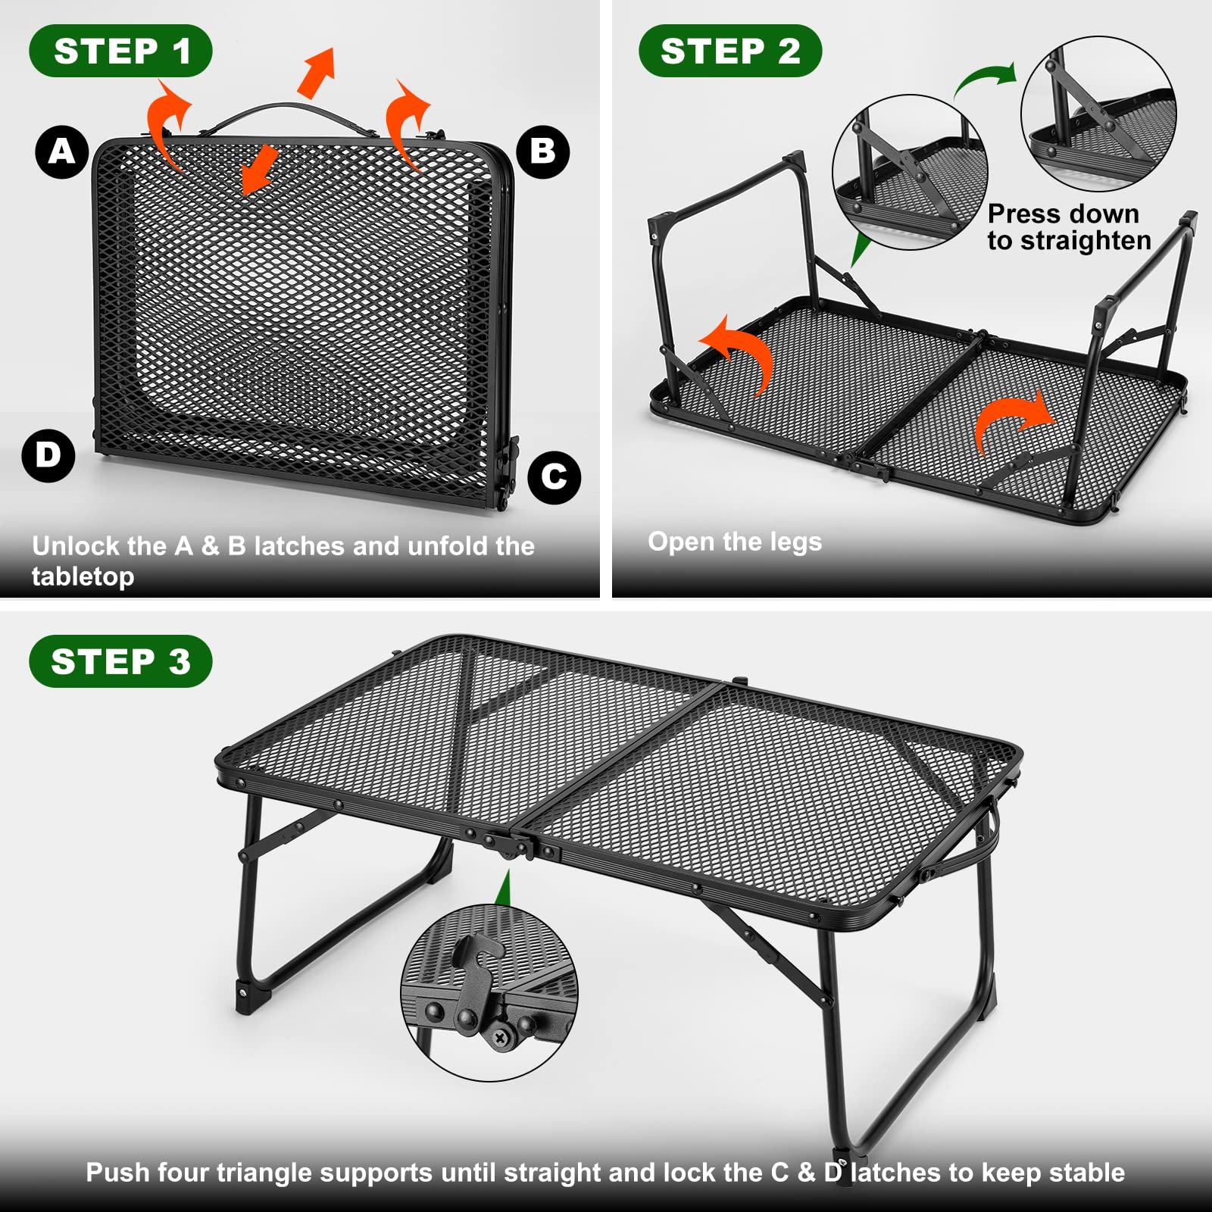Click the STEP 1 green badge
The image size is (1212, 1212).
click(x=120, y=52)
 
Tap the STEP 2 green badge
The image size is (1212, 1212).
click(x=729, y=52)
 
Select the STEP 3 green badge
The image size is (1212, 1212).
click(x=120, y=661)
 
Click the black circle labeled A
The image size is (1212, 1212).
click(x=62, y=151)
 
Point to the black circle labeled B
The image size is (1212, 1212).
click(x=542, y=151)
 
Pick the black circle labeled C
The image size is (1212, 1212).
click(x=554, y=476)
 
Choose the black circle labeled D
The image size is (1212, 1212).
click(x=48, y=455)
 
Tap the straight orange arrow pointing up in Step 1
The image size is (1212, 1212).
click(x=317, y=72)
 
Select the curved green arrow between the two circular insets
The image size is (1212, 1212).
click(x=985, y=80)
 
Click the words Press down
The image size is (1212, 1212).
click(x=1063, y=214)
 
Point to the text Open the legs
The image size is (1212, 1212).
click(x=734, y=542)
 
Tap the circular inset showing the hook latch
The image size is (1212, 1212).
click(x=489, y=992)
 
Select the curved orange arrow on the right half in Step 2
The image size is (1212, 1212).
click(x=1011, y=421)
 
